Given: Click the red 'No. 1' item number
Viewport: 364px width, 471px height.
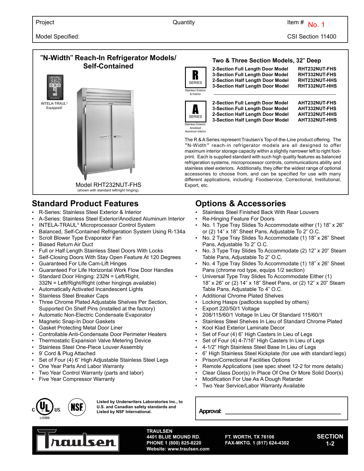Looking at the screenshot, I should pos(316,25).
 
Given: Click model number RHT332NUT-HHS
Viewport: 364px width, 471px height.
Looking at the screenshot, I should pos(317,86).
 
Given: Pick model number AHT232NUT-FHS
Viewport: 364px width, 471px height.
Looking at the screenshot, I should pos(317,103).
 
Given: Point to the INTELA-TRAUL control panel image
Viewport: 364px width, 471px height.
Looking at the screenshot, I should pos(55,87).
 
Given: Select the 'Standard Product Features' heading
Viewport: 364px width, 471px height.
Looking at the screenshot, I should pos(85,203).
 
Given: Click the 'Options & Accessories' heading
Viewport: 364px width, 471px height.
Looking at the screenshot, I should pos(240,203).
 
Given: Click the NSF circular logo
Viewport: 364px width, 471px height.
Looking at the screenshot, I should pos(77,407).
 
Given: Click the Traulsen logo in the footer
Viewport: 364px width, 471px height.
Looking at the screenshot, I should pos(77,440).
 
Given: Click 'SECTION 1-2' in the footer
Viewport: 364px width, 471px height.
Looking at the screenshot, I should pos(330,440).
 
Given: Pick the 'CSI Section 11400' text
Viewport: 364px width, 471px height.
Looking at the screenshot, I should pos(311,37).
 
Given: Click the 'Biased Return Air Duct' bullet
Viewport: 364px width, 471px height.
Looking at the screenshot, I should pos(66,244).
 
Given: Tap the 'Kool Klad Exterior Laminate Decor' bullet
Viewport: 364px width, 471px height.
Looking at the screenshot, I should pos(243,328).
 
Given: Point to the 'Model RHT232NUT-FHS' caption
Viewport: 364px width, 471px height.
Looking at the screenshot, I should pos(108,185).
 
